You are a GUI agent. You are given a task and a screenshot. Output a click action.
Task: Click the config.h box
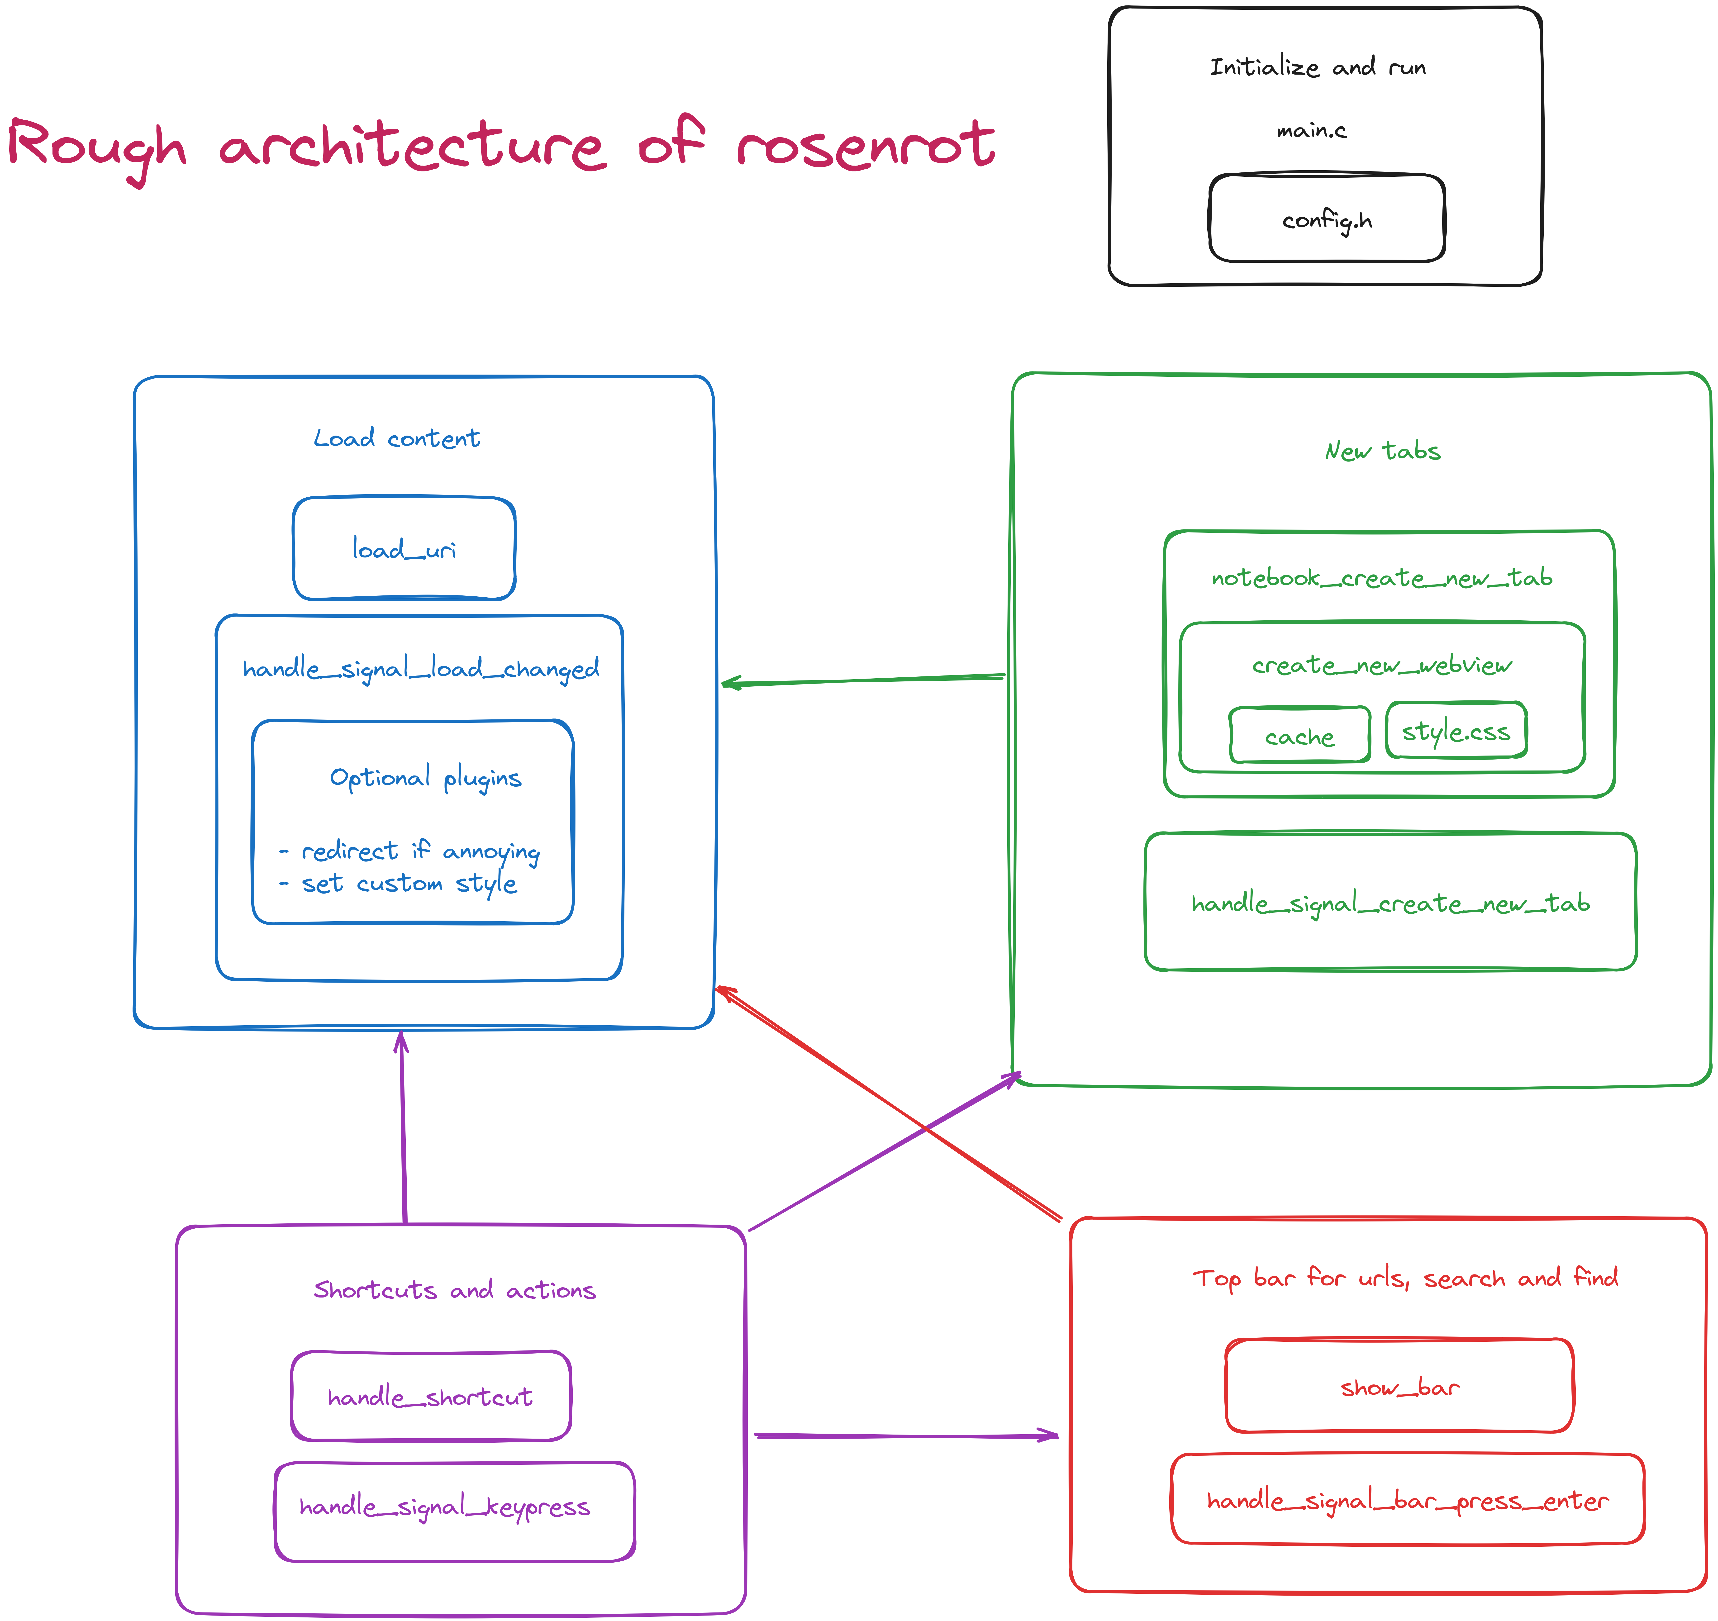pos(1327,219)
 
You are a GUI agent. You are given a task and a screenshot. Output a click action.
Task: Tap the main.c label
pos(1311,130)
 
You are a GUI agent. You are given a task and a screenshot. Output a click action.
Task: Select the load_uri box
pos(405,549)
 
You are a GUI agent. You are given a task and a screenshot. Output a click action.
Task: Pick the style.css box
pos(1456,731)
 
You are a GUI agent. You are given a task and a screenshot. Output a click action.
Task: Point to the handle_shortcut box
pos(430,1397)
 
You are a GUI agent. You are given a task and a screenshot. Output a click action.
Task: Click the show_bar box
pos(1399,1387)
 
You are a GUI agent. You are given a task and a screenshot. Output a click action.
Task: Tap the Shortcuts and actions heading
pos(455,1290)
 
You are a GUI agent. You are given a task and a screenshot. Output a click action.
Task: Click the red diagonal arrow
pos(890,1104)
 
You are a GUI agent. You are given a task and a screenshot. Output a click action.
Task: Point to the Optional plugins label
pos(425,778)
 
